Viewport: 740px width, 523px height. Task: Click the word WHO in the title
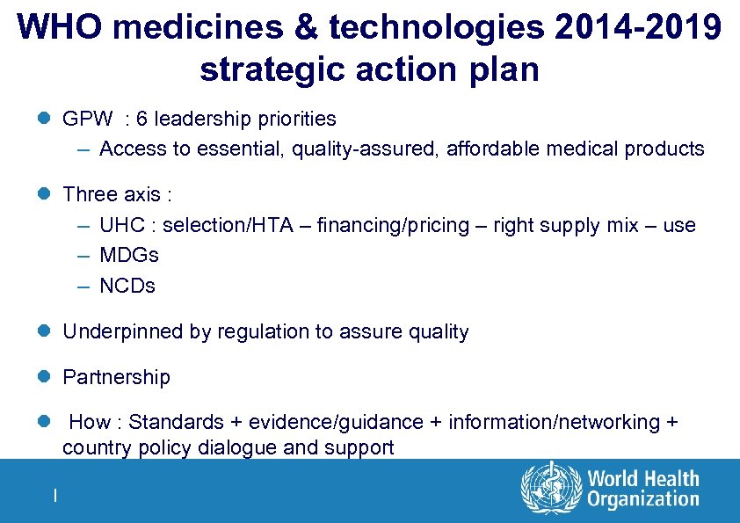60,28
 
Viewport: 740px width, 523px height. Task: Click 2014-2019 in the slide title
636,28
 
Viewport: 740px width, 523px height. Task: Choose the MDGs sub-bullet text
129,256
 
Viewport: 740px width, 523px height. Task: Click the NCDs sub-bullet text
127,287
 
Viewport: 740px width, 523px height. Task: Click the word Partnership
116,378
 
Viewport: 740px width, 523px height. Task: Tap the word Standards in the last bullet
170,423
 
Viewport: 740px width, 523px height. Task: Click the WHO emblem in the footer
551,489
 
